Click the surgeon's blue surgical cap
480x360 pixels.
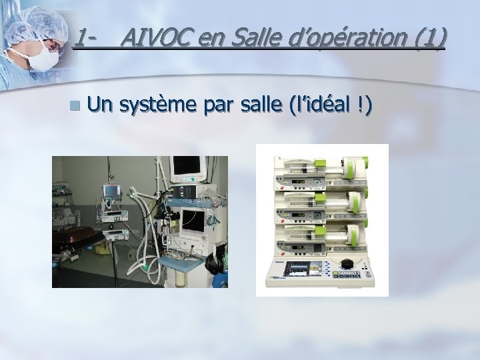[x=33, y=23]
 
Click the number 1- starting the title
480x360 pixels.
[x=83, y=38]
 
